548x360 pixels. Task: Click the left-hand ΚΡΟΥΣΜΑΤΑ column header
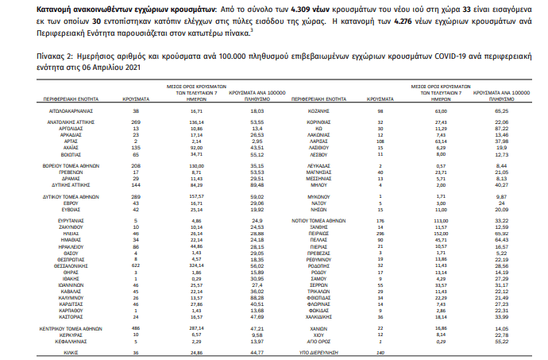point(137,97)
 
